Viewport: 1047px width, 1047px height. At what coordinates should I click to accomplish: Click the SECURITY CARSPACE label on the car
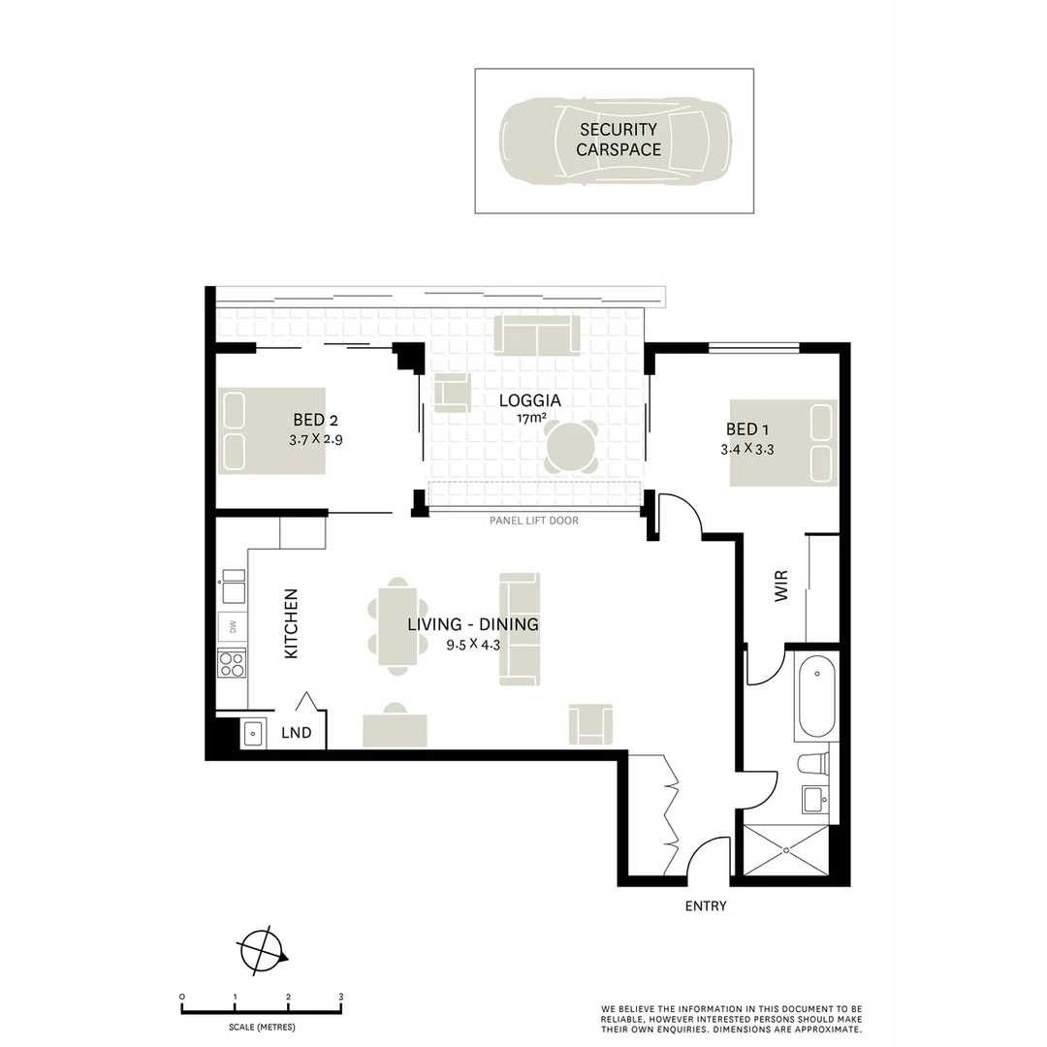click(618, 140)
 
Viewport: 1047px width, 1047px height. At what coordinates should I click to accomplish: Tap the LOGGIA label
click(529, 400)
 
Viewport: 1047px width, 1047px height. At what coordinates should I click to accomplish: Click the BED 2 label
click(315, 420)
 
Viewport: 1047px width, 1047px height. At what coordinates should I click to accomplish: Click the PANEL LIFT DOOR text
click(534, 521)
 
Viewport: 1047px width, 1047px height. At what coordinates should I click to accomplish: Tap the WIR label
click(781, 586)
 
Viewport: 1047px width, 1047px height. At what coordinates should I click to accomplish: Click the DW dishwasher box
click(232, 627)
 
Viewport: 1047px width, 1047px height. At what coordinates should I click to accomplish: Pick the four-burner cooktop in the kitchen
click(232, 663)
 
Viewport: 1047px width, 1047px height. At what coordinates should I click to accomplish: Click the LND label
click(296, 733)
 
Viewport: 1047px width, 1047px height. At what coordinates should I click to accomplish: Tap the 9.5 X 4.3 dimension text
click(472, 644)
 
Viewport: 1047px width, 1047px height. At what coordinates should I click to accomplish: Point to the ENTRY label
click(705, 906)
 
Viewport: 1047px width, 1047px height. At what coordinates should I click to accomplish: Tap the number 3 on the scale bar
click(340, 997)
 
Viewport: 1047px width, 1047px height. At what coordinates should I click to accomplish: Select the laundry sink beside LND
click(252, 733)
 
